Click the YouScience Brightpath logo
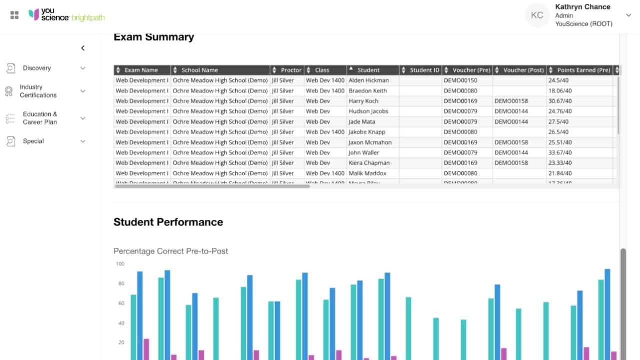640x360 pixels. coord(66,15)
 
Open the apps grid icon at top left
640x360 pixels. coord(14,15)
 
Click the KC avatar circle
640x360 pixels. coord(537,15)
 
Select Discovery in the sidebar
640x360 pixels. coord(37,68)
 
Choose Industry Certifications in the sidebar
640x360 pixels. coord(38,91)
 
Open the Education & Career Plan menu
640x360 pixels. coord(40,118)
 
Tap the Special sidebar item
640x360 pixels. coord(33,141)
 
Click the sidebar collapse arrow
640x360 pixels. coord(83,48)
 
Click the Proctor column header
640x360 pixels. coord(291,70)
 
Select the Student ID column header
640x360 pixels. coord(424,70)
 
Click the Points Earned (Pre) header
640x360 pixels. coord(583,70)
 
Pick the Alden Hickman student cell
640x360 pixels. coord(368,80)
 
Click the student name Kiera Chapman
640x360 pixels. coord(369,163)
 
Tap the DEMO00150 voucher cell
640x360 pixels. coord(460,80)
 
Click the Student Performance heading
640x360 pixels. coord(168,222)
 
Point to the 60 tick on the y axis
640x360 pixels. coord(120,303)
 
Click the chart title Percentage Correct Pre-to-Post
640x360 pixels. coord(171,251)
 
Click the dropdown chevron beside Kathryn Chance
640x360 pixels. coord(628,15)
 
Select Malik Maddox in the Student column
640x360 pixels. coord(367,173)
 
